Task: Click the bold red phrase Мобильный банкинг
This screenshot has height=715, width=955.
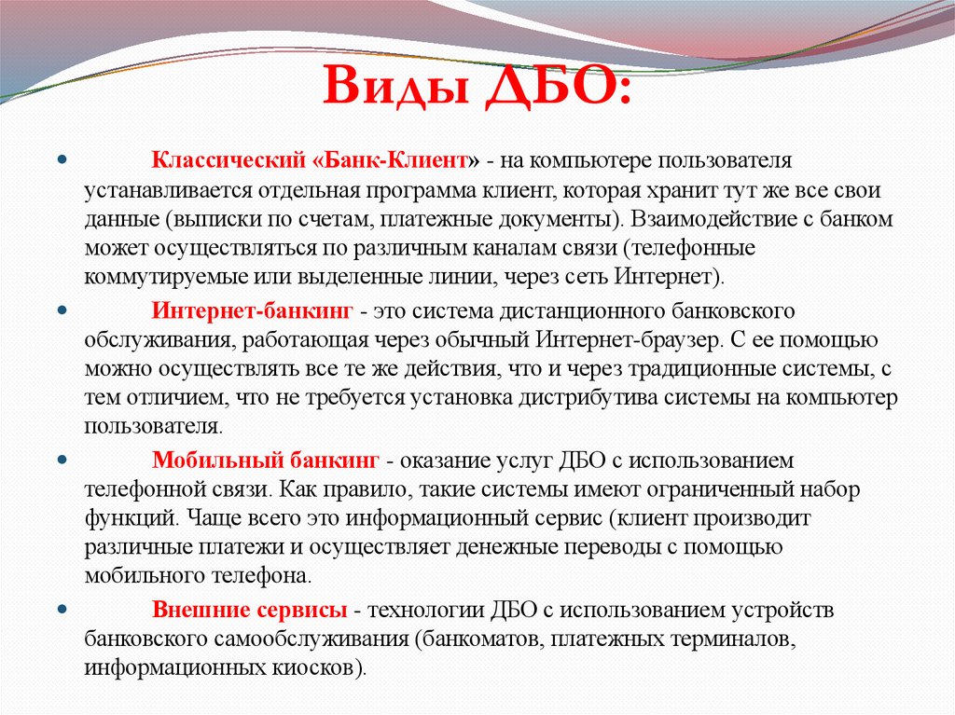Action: click(x=266, y=460)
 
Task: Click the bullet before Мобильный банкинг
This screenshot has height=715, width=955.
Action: click(x=62, y=460)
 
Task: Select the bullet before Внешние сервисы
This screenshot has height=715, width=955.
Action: click(x=62, y=611)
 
